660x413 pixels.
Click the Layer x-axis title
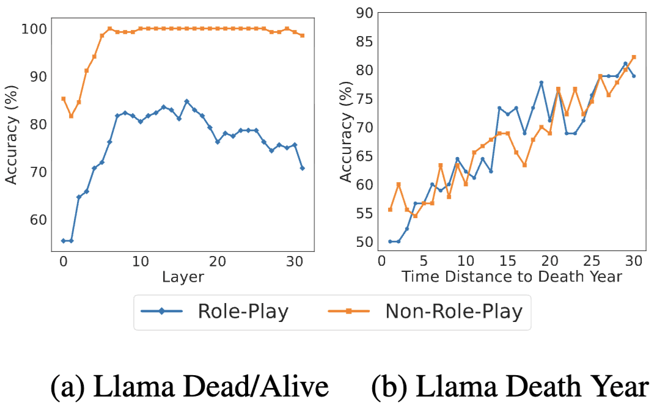point(183,277)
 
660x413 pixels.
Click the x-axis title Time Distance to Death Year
point(512,276)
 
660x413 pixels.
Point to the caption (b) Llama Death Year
point(509,386)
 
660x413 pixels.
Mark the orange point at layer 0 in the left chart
point(63,98)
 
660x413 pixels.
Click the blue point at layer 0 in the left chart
point(63,241)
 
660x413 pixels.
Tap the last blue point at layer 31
point(302,168)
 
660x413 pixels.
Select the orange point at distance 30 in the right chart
point(634,57)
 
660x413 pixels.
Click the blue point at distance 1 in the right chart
point(390,241)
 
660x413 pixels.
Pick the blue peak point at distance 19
point(541,82)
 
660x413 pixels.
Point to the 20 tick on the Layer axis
point(217,261)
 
